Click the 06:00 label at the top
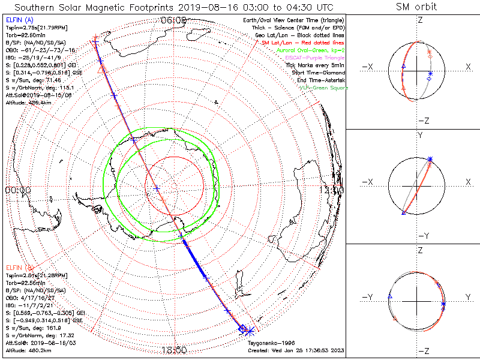coord(173,20)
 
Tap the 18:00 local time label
coord(173,349)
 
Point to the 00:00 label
coord(17,190)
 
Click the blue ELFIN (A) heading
coord(19,20)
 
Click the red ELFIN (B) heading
coord(19,267)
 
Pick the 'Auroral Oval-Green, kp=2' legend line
coord(311,51)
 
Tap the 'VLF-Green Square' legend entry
coord(323,88)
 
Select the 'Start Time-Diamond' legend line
coord(318,73)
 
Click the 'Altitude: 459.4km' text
coord(28,103)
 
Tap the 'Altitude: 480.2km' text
coord(28,350)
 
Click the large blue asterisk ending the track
coord(250,331)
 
